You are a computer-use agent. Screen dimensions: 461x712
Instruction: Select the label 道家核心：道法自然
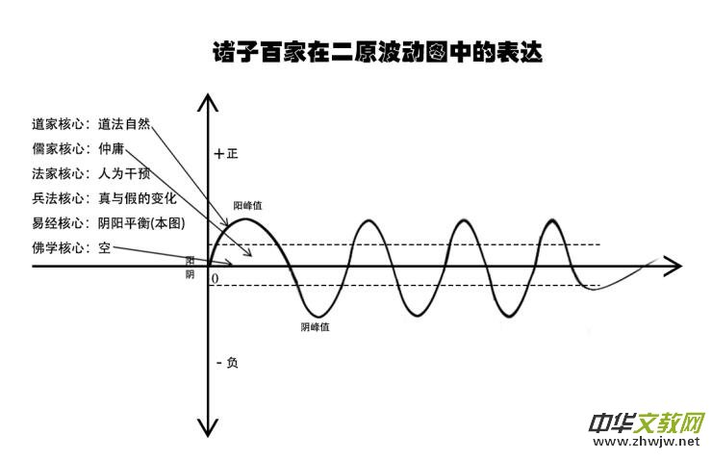pyautogui.click(x=91, y=124)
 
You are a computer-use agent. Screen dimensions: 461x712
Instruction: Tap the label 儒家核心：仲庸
pyautogui.click(x=78, y=149)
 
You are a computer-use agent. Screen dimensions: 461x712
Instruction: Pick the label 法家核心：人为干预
pyautogui.click(x=91, y=174)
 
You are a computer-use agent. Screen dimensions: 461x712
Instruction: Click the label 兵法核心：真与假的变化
pyautogui.click(x=104, y=199)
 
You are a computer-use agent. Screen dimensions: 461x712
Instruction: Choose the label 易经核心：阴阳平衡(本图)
pyautogui.click(x=108, y=223)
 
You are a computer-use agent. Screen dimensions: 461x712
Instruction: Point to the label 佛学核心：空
pyautogui.click(x=71, y=248)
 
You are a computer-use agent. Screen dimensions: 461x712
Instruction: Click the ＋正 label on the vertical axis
pyautogui.click(x=226, y=153)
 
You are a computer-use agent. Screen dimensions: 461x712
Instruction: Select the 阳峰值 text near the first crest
pyautogui.click(x=248, y=206)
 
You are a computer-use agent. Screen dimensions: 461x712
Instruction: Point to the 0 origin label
pyautogui.click(x=215, y=278)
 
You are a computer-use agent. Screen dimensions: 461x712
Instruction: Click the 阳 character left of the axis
pyautogui.click(x=190, y=261)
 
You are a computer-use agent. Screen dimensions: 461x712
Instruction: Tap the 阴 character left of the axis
pyautogui.click(x=190, y=274)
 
